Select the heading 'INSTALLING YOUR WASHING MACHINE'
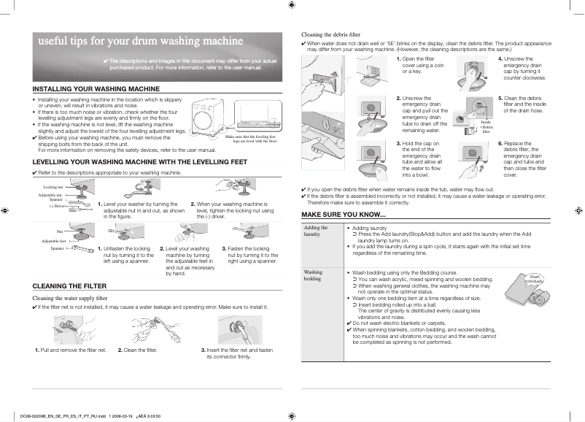coord(96,88)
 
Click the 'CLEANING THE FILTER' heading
coord(71,285)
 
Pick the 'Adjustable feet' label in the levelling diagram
coord(54,240)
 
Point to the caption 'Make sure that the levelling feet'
coord(252,137)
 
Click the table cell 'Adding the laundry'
coord(316,231)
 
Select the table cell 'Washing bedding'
coord(314,275)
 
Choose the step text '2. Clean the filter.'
coord(138,350)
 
